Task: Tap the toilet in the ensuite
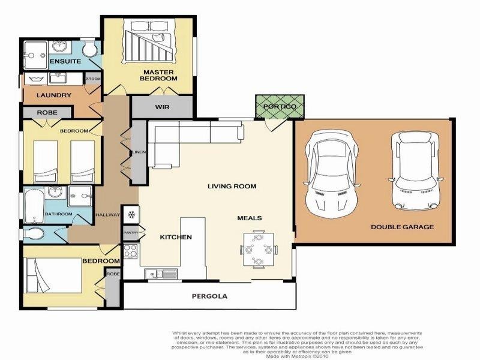[89, 49]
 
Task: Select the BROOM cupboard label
[92, 79]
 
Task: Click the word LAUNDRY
[54, 95]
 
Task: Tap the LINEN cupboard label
[139, 152]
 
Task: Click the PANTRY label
[131, 232]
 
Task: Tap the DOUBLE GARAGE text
[402, 227]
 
